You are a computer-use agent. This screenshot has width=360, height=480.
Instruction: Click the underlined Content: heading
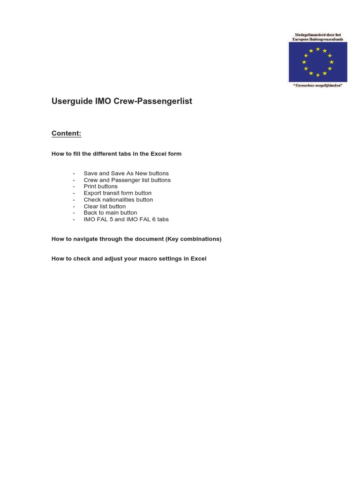tap(66, 134)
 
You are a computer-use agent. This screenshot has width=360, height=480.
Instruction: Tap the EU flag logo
tap(318, 62)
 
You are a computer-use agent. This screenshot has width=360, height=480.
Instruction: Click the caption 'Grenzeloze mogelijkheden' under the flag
tap(318, 85)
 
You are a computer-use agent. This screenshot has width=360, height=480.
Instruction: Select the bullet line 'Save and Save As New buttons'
tap(126, 173)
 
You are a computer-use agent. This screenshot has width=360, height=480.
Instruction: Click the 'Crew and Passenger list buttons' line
tap(127, 180)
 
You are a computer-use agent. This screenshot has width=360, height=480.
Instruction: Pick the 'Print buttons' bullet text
tap(100, 187)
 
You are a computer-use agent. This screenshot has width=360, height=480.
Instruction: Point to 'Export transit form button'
tap(118, 193)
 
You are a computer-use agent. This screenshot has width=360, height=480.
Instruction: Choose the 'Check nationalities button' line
tap(118, 200)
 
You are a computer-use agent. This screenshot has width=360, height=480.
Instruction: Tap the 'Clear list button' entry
tap(105, 206)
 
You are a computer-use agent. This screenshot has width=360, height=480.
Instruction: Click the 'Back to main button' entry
tap(110, 213)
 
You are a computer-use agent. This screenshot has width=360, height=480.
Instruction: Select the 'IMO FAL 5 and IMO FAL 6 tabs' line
tap(126, 219)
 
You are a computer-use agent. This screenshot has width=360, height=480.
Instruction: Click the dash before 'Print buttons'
tap(74, 187)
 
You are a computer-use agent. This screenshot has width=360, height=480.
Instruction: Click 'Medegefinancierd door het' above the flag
tap(318, 35)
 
